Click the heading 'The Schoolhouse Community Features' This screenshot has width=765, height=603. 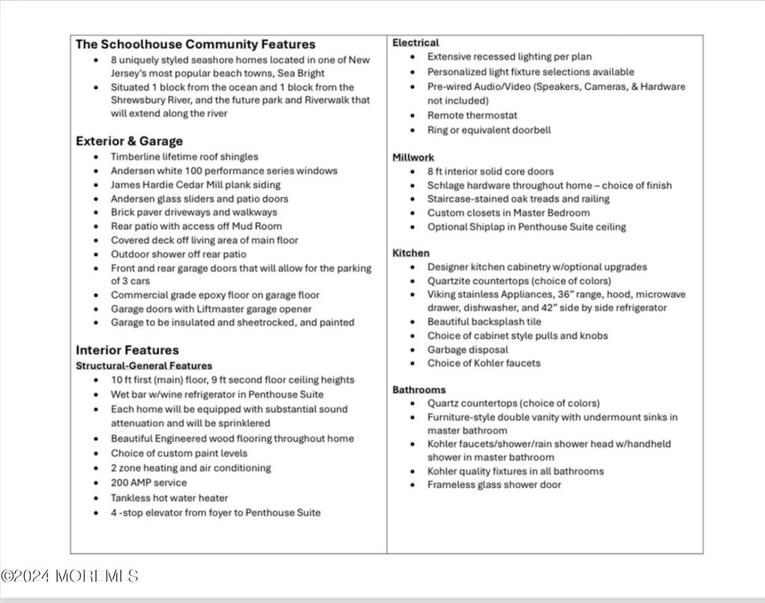pos(195,44)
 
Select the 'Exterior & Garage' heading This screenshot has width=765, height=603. pos(129,141)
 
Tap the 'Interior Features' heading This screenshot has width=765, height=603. pos(127,350)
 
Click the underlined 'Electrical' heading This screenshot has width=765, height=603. pos(415,43)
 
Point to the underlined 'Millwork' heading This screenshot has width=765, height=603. pos(413,157)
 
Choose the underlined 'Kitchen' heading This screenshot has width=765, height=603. pos(411,253)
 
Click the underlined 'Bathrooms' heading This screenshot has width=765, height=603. pos(418,390)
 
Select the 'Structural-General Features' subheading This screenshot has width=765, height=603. pos(144,366)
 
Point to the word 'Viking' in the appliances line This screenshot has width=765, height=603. pos(442,295)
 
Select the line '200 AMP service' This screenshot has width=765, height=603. pos(148,483)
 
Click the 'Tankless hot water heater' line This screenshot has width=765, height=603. pos(169,498)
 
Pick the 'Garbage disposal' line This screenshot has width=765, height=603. pos(467,349)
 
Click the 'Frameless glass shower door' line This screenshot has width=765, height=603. pos(494,484)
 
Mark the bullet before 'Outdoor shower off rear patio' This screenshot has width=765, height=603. pos(95,255)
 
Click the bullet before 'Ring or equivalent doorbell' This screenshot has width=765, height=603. pos(412,130)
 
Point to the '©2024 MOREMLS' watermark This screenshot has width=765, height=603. pos(70,576)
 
